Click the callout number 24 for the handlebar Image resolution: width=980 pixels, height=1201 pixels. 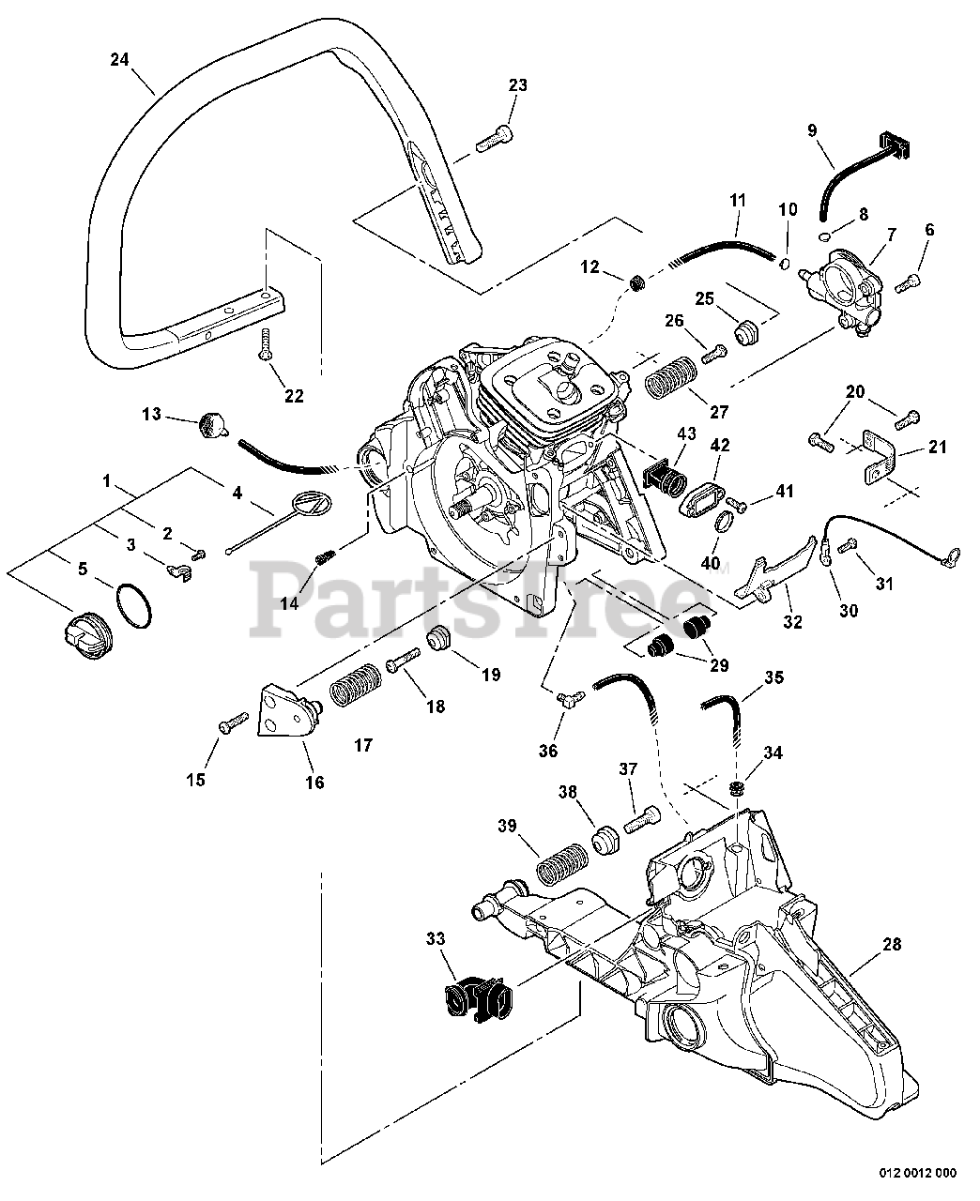(118, 59)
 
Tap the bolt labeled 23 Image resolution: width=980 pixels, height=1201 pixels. (494, 138)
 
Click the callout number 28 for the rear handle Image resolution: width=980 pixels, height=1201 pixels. (891, 946)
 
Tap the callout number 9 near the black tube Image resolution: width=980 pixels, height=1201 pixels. (813, 130)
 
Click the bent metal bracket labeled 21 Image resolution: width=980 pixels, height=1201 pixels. (878, 460)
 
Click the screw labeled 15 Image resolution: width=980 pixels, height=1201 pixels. (227, 724)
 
